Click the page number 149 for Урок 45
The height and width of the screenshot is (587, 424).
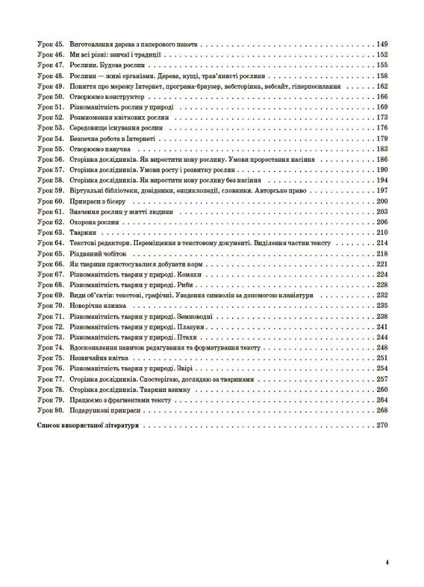click(x=382, y=45)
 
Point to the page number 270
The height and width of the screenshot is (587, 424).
click(x=382, y=425)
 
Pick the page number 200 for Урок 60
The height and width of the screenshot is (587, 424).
click(x=382, y=202)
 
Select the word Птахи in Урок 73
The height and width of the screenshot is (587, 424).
click(x=187, y=337)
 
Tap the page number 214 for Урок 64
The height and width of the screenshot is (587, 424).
click(x=382, y=243)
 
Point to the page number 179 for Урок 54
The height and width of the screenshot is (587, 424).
click(x=382, y=139)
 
